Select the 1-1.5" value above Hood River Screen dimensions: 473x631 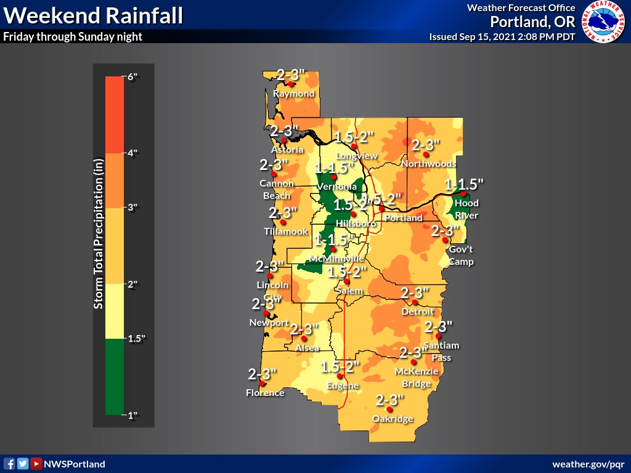464,184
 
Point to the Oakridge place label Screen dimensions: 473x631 392,419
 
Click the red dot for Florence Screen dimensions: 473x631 263,383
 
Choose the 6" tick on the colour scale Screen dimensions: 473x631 132,78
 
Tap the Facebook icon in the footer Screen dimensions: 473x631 9,464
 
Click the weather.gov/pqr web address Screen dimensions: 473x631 588,464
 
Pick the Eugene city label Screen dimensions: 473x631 343,386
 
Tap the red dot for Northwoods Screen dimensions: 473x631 425,155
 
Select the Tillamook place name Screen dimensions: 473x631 286,232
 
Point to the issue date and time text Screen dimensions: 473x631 502,37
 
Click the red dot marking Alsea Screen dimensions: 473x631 304,338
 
